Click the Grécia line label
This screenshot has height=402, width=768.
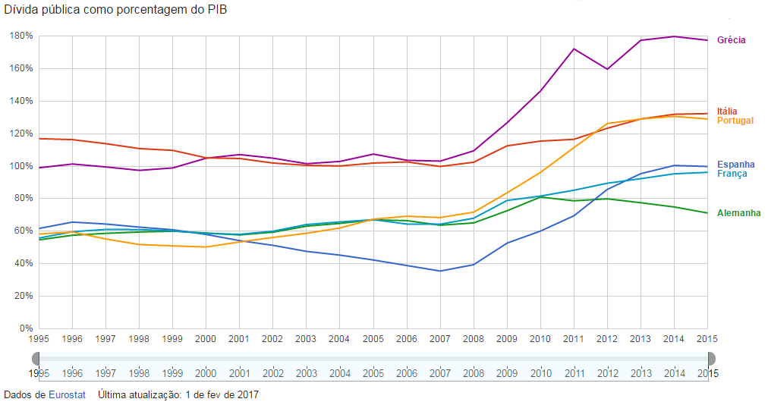731,39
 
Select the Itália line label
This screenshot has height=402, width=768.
727,111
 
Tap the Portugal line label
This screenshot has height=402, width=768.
735,121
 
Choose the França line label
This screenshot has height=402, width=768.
732,174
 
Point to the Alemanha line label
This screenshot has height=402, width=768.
738,213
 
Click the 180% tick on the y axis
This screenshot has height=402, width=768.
20,36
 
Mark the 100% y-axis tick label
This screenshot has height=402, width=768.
20,166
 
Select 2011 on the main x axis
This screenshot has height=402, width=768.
574,340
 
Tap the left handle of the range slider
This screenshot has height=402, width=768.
39,358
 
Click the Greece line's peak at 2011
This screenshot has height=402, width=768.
574,49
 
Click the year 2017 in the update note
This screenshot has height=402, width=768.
247,394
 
